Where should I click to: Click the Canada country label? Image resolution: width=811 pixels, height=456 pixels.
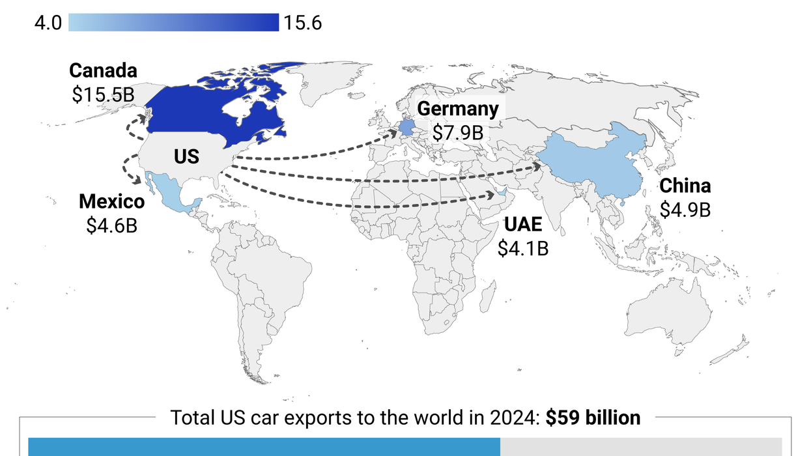pos(103,71)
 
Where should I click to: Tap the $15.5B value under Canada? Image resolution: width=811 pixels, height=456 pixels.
pos(103,94)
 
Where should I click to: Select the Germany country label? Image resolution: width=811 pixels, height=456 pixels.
pos(458,109)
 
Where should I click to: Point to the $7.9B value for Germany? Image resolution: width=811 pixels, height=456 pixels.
pos(458,132)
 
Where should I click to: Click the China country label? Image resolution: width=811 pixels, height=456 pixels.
pos(685,186)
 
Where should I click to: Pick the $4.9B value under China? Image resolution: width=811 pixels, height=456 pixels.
pos(685,210)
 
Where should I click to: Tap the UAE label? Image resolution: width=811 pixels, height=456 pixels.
pos(523,225)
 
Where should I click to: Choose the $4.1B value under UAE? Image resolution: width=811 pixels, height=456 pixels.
pos(523,248)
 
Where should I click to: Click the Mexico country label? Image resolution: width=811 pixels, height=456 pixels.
pos(111,201)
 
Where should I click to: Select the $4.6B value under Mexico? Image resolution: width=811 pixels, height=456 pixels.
pos(111,225)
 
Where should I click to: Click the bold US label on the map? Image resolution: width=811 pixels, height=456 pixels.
pos(186,157)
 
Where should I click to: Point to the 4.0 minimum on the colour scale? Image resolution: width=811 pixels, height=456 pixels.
pos(48,23)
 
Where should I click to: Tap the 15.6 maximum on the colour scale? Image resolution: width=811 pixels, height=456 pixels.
pos(302,23)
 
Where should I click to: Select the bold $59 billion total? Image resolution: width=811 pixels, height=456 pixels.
pos(593,418)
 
